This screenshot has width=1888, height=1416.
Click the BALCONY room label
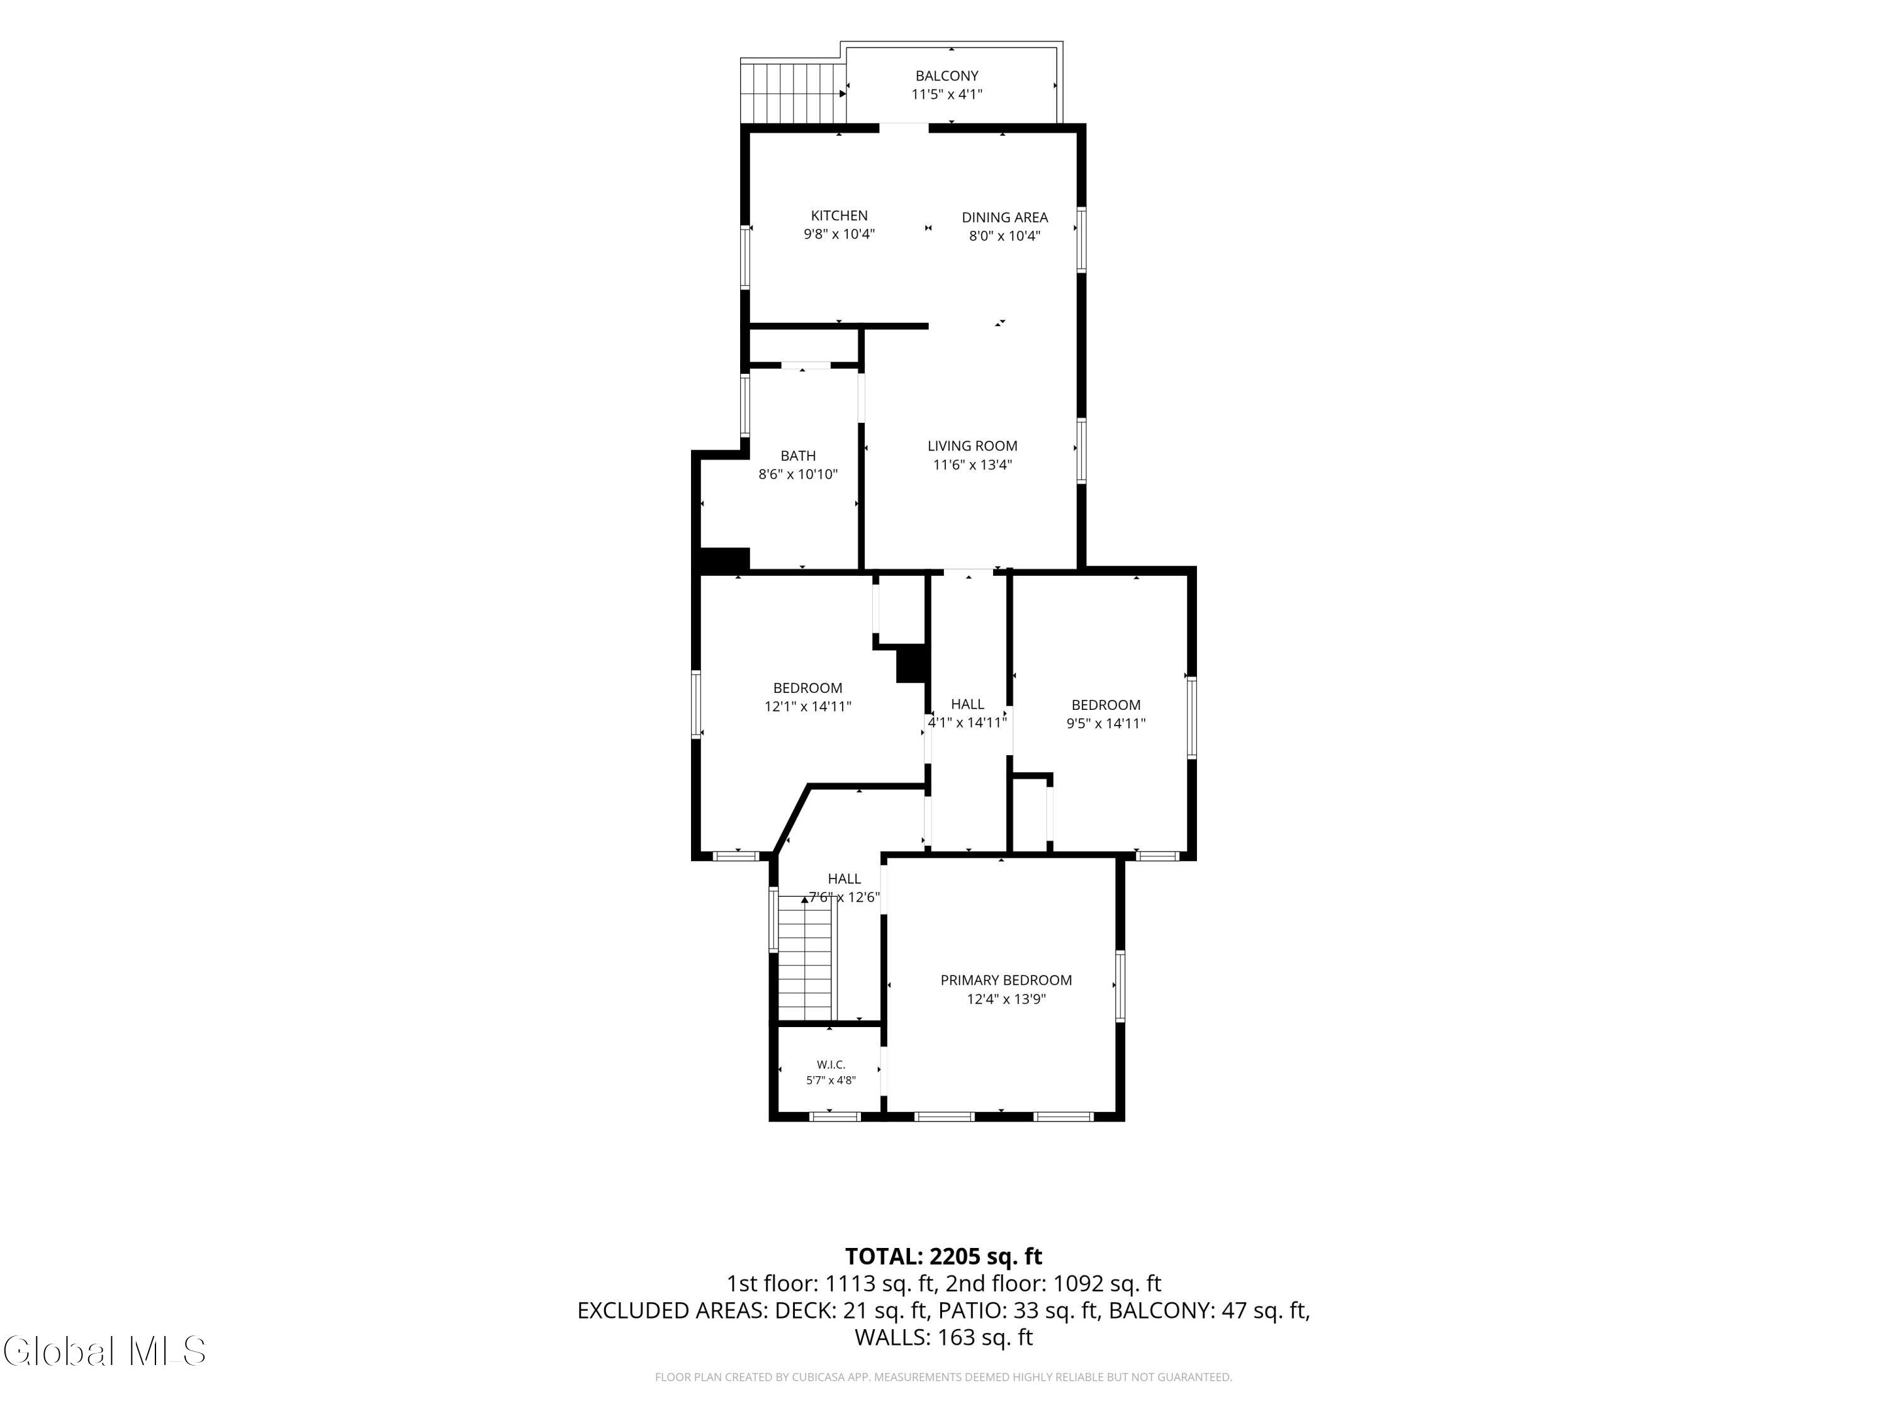click(947, 76)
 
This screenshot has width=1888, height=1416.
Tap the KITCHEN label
click(839, 216)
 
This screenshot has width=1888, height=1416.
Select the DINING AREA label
click(1004, 218)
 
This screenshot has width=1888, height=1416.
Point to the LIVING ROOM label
click(972, 446)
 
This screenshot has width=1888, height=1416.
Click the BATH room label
click(798, 456)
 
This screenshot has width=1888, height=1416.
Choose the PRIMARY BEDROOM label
click(1006, 980)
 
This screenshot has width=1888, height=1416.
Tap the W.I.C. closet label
click(831, 1064)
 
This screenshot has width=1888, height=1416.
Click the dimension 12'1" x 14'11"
click(807, 707)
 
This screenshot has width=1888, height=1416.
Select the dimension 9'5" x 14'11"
click(1106, 724)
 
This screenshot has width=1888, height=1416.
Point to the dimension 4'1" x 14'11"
click(968, 722)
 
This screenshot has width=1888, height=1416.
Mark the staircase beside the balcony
click(793, 93)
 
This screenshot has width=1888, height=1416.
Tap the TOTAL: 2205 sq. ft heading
click(943, 1256)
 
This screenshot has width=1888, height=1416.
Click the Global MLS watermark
click(104, 1351)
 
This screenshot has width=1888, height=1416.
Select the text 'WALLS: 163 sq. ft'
click(943, 1337)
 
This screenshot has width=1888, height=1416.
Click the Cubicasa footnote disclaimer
click(943, 1377)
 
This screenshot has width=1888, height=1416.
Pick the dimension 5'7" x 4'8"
click(831, 1081)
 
